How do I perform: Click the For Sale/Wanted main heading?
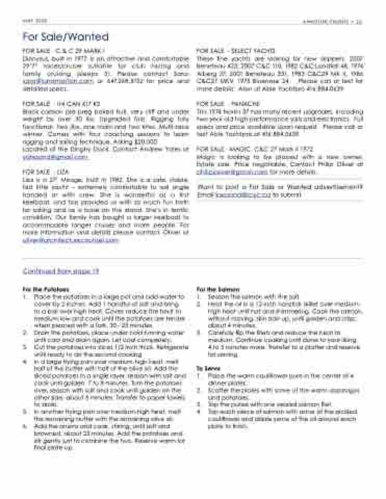click(66, 37)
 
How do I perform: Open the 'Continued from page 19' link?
click(61, 271)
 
